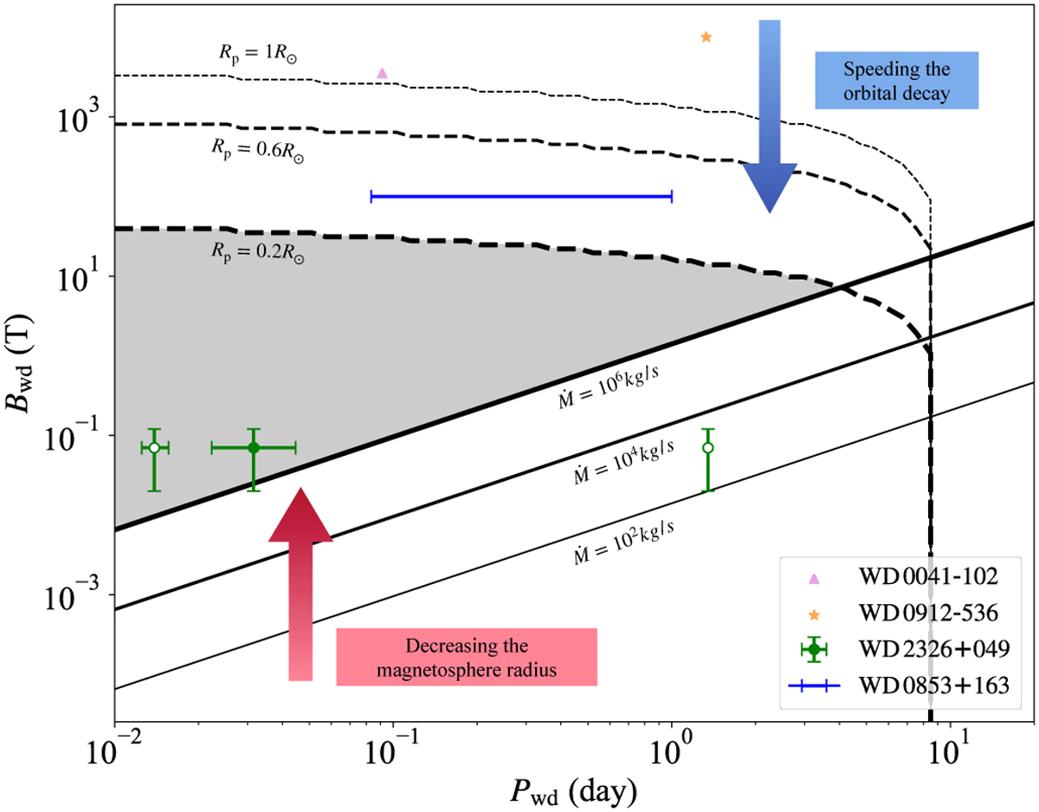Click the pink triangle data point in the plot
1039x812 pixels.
[383, 73]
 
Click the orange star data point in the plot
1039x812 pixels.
[706, 37]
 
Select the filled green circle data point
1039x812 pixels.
[254, 447]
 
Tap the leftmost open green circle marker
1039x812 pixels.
[153, 447]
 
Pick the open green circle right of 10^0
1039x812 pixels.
[707, 447]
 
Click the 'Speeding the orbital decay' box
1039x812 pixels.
[896, 81]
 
